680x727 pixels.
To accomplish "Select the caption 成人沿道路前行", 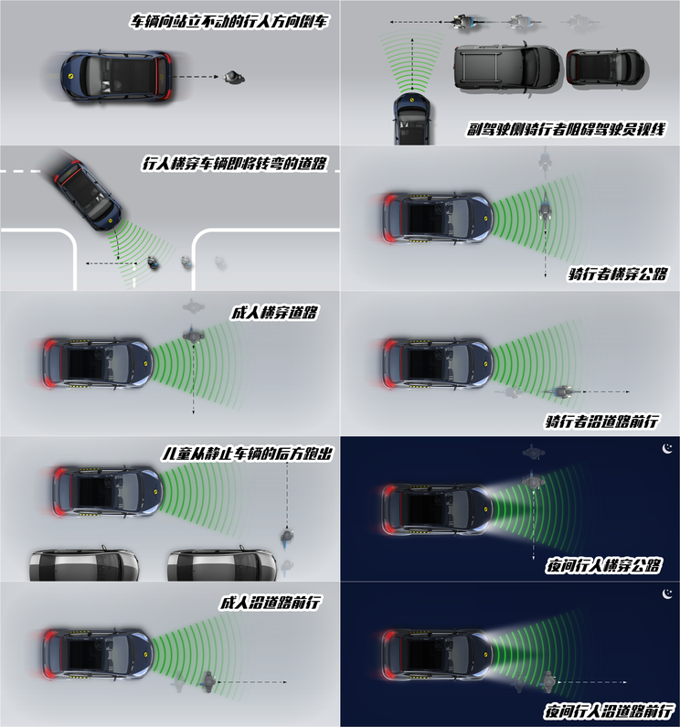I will click(273, 603).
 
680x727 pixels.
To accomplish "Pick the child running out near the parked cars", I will click(288, 533).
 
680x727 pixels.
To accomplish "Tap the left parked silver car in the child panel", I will click(84, 563).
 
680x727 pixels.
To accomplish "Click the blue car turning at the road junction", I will click(87, 194).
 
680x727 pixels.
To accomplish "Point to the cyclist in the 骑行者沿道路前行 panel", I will click(559, 392).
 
